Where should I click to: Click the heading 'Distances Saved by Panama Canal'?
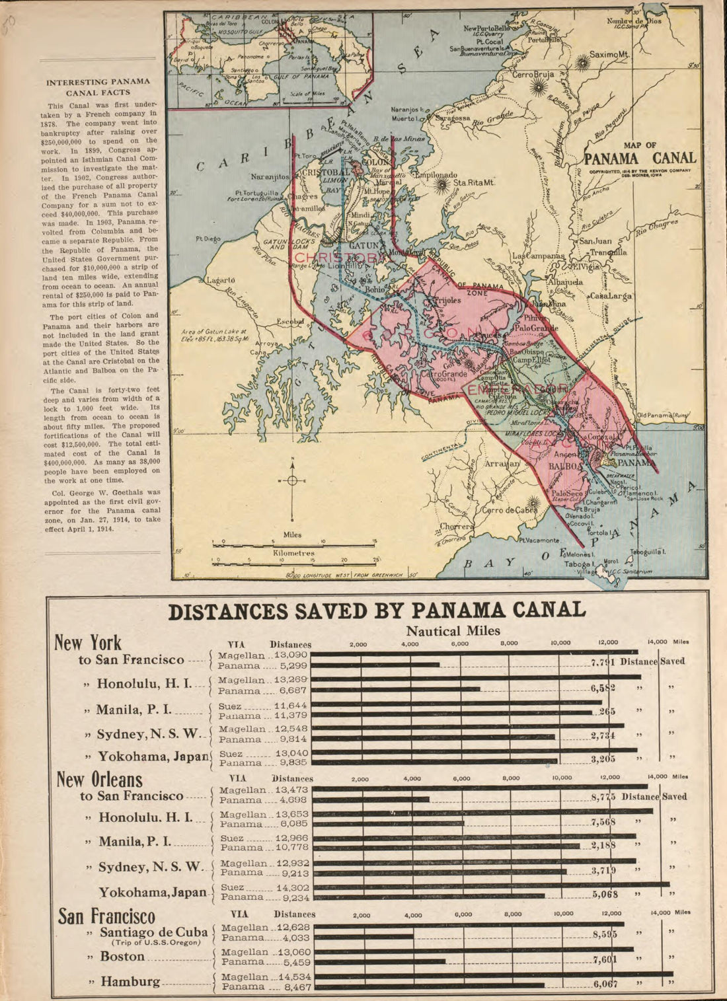tap(377, 610)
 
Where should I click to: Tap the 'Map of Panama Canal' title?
tap(640, 154)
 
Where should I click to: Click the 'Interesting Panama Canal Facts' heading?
tap(98, 87)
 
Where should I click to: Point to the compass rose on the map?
tap(291, 480)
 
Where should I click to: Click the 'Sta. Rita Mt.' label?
tap(474, 182)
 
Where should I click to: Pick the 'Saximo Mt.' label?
tap(611, 54)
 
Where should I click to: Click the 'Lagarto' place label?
tap(221, 280)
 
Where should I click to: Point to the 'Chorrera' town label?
tap(457, 527)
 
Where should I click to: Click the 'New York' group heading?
tap(88, 642)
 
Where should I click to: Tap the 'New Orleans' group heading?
tap(99, 779)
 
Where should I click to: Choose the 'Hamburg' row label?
tap(130, 982)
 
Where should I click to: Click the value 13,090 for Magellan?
tap(291, 655)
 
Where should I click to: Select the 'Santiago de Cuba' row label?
tap(153, 932)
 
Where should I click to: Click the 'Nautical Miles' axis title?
tap(453, 630)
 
